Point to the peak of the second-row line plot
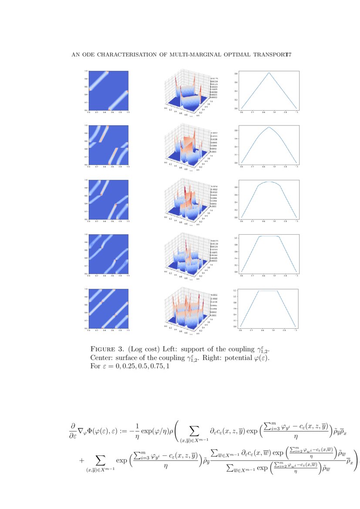269,127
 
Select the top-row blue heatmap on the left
108,91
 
